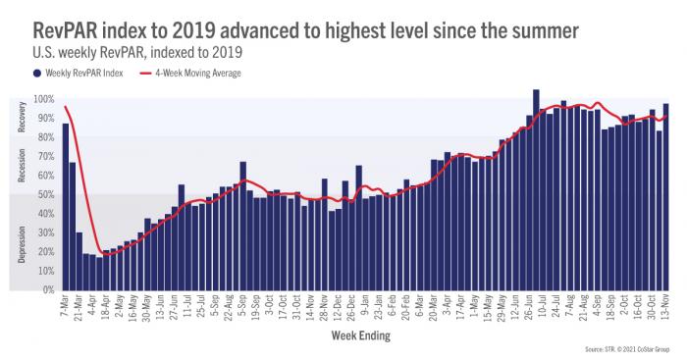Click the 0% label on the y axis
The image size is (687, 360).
[x=46, y=290]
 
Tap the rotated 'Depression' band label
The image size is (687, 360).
[x=22, y=242]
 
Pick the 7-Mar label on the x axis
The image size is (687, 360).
[x=61, y=307]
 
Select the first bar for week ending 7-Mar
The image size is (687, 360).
[x=66, y=206]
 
